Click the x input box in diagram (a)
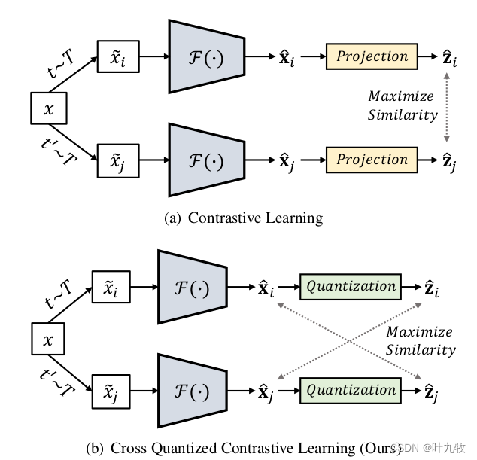click(50, 108)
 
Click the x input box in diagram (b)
click(50, 340)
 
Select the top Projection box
click(372, 56)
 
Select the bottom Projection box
click(372, 160)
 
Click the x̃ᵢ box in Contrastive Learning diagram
click(119, 57)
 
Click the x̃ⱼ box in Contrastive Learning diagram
click(119, 160)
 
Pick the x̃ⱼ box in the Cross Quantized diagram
click(112, 391)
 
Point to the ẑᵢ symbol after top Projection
click(450, 57)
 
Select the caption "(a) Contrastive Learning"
click(243, 218)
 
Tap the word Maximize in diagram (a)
click(401, 97)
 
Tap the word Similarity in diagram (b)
click(421, 349)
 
